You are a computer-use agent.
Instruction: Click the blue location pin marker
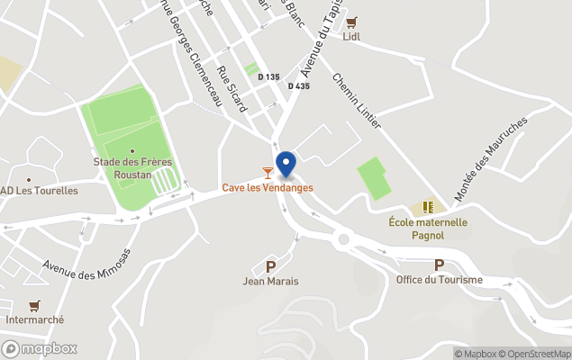(286, 165)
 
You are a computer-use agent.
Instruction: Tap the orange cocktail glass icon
(268, 172)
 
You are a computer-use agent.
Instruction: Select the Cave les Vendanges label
(268, 187)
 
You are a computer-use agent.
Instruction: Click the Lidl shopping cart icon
(351, 22)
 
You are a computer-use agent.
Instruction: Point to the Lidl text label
(351, 37)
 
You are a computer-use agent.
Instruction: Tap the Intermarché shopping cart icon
(34, 306)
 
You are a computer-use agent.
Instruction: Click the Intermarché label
(33, 321)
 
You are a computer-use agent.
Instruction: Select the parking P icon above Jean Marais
(270, 266)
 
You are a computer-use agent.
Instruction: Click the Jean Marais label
(270, 282)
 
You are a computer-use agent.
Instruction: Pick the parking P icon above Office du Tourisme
(439, 265)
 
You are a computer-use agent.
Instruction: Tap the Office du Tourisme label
(439, 280)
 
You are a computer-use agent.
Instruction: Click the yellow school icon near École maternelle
(428, 207)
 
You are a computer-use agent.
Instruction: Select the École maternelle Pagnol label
(428, 229)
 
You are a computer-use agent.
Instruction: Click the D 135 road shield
(268, 77)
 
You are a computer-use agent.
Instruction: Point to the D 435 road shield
(299, 85)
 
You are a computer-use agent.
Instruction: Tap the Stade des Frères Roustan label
(133, 168)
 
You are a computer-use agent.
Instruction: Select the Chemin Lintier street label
(357, 100)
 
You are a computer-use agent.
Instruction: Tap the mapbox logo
(40, 348)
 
